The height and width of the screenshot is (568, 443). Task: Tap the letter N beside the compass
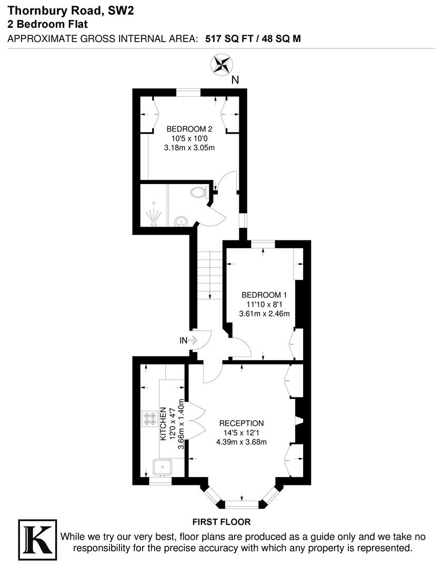point(235,80)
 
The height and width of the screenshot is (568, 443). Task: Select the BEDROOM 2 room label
point(189,129)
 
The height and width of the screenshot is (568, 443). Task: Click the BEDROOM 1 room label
point(264,295)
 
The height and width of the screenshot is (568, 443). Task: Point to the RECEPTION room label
point(241,423)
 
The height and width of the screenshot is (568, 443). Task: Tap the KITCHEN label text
point(163,424)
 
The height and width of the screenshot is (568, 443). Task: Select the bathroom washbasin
point(180,220)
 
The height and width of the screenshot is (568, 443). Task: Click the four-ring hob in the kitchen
point(149,419)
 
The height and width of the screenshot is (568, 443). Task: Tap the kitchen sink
point(163,468)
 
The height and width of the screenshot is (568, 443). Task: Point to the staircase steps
point(210,275)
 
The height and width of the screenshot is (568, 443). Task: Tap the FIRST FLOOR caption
point(221,522)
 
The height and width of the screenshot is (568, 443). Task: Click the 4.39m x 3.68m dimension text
point(241,442)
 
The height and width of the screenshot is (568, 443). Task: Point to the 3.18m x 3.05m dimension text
point(189,148)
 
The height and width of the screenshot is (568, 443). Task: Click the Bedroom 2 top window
point(188,93)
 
